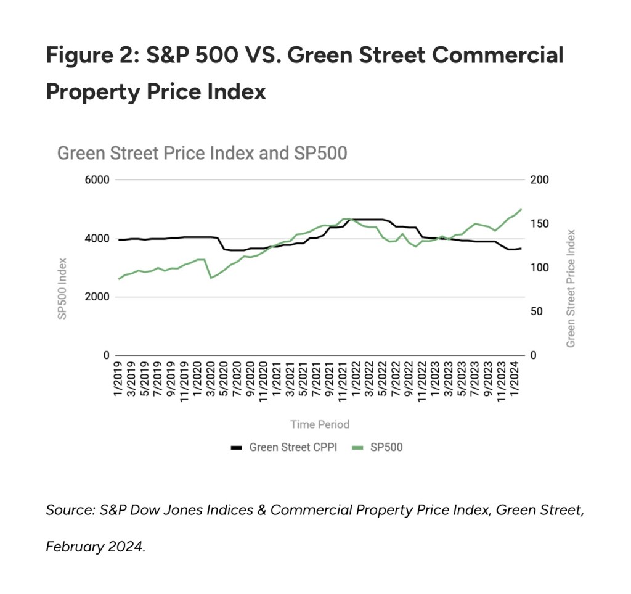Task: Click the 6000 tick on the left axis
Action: pyautogui.click(x=97, y=180)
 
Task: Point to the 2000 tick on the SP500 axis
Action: pyautogui.click(x=97, y=297)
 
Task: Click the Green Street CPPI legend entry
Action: pyautogui.click(x=284, y=447)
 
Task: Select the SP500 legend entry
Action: pyautogui.click(x=378, y=447)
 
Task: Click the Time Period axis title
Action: pyautogui.click(x=320, y=424)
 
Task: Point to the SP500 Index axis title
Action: pyautogui.click(x=62, y=288)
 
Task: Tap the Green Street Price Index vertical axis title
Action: pyautogui.click(x=571, y=288)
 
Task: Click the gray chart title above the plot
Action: pyautogui.click(x=202, y=153)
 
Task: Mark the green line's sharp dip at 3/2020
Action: pyautogui.click(x=211, y=278)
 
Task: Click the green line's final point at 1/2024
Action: pyautogui.click(x=521, y=209)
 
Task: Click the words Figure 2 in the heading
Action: pyautogui.click(x=89, y=56)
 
